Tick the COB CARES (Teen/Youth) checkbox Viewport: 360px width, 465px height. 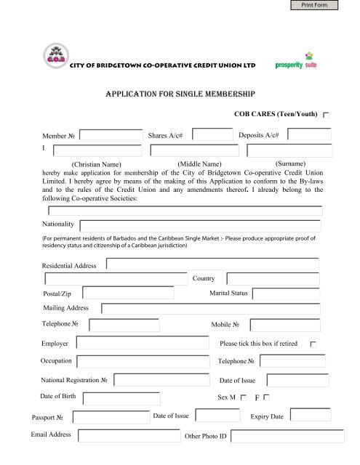pyautogui.click(x=326, y=116)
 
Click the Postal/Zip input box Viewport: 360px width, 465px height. pyautogui.click(x=128, y=293)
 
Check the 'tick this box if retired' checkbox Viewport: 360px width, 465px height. pyautogui.click(x=313, y=343)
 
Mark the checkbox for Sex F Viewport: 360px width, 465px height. pyautogui.click(x=267, y=397)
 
